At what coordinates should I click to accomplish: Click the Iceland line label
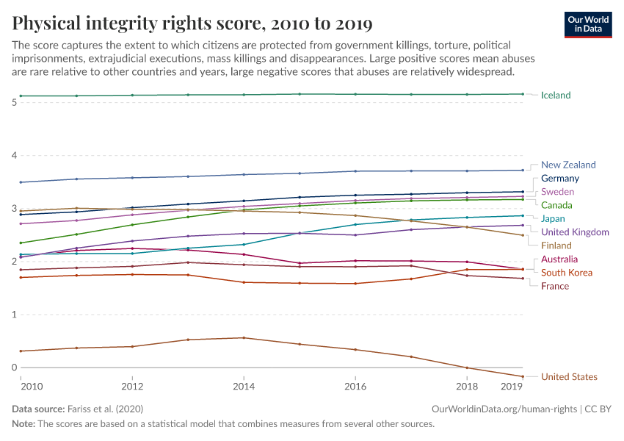coord(555,96)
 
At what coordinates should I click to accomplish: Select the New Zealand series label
coord(567,165)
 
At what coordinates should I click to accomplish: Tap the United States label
coord(569,377)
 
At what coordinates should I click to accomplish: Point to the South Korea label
coord(566,273)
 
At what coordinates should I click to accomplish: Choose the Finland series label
coord(556,245)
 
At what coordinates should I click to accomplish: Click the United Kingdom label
coord(575,232)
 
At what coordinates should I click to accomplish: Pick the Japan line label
coord(553,219)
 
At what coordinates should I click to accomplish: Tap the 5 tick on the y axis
coord(14,102)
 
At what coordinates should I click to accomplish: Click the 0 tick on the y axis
coord(14,367)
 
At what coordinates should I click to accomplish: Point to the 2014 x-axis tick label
coord(244,386)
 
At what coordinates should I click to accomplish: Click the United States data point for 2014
coord(244,338)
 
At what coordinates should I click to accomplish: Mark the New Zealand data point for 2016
coord(355,171)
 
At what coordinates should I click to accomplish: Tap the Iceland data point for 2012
coord(132,95)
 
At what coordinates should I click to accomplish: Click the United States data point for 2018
coord(467,367)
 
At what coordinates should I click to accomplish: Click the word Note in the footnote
coord(25,424)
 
